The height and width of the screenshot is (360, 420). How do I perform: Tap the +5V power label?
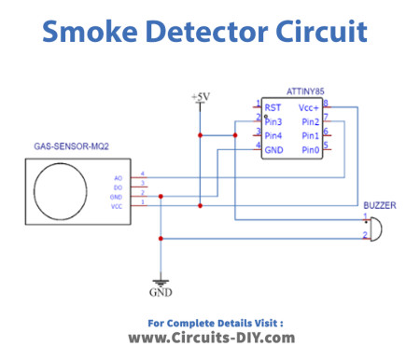pos(200,97)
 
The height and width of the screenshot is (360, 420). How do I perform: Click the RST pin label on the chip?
pos(273,107)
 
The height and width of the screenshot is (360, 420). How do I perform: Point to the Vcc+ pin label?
pos(308,107)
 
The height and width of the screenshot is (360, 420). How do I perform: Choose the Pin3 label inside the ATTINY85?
pos(273,121)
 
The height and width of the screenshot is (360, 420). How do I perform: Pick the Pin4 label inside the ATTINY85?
pos(273,134)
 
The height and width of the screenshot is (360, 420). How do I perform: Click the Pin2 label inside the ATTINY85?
pos(309,121)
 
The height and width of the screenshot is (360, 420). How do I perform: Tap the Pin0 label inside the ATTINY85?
pos(309,148)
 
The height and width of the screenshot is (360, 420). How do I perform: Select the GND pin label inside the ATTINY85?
pos(274,148)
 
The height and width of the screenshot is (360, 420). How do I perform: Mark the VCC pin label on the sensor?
pos(117,204)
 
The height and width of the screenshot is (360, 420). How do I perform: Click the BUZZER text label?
pos(379,204)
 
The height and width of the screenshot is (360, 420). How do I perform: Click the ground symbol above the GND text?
pos(161,281)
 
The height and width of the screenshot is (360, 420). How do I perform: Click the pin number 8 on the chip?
pos(326,104)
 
